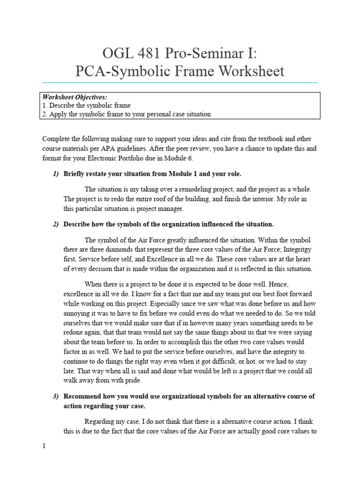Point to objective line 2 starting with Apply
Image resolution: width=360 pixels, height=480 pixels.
[127, 114]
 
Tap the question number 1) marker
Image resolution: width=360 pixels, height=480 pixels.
[56, 174]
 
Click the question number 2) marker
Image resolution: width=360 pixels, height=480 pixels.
[56, 224]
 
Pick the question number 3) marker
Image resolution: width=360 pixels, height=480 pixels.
[56, 396]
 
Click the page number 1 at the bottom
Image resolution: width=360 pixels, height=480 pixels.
[44, 446]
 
